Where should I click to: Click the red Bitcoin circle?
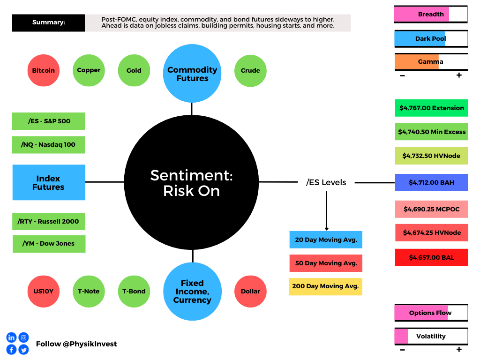[44, 70]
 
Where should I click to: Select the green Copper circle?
[89, 70]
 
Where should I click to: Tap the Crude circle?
[250, 71]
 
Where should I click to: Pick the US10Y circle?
[44, 292]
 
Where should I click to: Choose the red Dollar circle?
[250, 292]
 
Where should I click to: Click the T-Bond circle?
[134, 292]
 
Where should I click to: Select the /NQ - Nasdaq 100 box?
[48, 145]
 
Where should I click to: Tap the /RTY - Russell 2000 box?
[49, 221]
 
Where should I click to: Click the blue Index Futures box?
[49, 182]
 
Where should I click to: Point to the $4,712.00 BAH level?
[431, 182]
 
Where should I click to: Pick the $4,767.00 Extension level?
[431, 108]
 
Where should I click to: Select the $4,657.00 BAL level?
[431, 257]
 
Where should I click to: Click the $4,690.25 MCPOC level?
[431, 209]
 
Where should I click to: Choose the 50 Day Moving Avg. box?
[326, 263]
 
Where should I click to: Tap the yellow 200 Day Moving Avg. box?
[326, 286]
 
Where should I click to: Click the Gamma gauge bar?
[431, 62]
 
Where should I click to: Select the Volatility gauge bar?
[431, 337]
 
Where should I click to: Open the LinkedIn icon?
[11, 337]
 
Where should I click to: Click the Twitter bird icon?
[23, 350]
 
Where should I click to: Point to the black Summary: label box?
[48, 22]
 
